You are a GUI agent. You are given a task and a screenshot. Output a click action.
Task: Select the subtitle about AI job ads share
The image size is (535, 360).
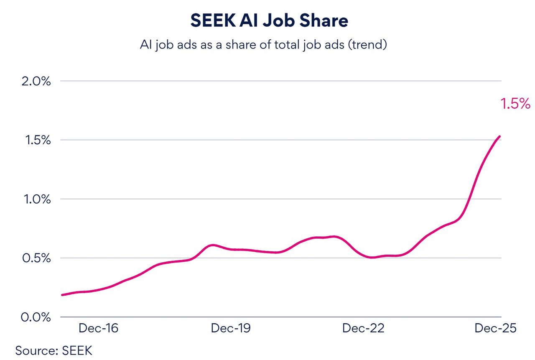pos(263,45)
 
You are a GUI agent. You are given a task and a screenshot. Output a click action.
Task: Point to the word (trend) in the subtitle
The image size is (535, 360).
pos(367,45)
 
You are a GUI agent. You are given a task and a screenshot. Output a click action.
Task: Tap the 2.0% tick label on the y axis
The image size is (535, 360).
pos(36,81)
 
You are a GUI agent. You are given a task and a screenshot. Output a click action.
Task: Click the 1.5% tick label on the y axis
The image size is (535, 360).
pos(36,140)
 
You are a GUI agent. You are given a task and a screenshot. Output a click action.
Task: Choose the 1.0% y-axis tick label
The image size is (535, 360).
pos(36,199)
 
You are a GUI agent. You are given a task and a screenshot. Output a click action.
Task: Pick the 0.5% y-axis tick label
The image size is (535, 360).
pos(36,258)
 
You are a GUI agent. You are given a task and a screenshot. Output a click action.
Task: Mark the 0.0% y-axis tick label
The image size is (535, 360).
pos(36,317)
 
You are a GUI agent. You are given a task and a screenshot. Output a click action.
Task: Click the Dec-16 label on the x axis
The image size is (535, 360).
pos(99,328)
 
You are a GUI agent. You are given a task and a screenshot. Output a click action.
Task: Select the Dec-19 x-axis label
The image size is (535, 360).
pos(231,328)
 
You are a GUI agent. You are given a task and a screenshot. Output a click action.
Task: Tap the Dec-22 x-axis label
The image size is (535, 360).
pos(363,328)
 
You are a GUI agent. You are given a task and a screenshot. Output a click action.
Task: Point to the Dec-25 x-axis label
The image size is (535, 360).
pos(495,328)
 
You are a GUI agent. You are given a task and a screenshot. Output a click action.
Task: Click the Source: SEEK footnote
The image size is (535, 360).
pos(54,350)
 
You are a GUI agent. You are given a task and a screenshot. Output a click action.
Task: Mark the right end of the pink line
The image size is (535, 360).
pos(500,136)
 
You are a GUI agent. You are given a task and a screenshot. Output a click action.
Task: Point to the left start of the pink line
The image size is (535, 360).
pos(62,295)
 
